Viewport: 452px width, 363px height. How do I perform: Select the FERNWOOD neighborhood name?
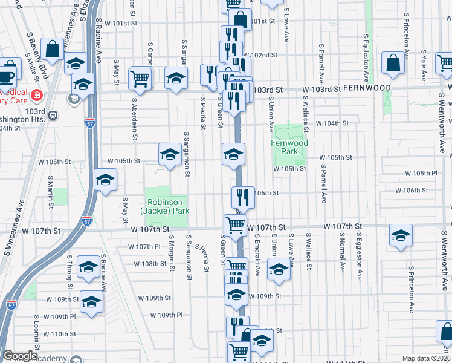tap(367, 88)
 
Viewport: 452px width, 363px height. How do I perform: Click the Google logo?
tap(20, 355)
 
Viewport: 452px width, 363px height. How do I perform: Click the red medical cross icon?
tap(36, 95)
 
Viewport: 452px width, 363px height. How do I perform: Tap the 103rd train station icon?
tap(53, 114)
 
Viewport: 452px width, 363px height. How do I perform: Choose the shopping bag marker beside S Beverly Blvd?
tap(53, 49)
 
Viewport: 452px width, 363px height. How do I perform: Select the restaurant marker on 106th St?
tap(241, 197)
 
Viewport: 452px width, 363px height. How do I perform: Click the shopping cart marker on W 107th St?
tap(234, 226)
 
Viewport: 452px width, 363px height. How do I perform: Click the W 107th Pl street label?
tap(144, 247)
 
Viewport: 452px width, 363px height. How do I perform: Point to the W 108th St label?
tap(150, 264)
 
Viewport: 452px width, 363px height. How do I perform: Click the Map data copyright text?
tap(425, 358)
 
